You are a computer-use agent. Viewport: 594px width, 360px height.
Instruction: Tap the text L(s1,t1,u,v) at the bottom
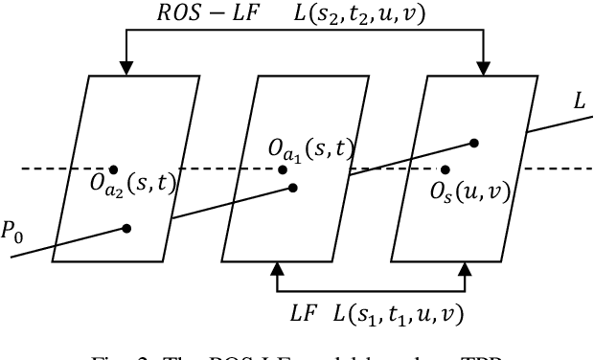click(401, 313)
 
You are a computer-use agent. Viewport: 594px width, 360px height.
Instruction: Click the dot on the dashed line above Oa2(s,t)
click(115, 169)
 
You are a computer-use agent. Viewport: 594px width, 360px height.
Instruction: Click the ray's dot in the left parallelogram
click(126, 228)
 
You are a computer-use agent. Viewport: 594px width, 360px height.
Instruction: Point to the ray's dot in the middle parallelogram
click(292, 188)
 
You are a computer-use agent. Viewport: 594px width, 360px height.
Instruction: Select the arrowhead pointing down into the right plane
click(482, 68)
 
